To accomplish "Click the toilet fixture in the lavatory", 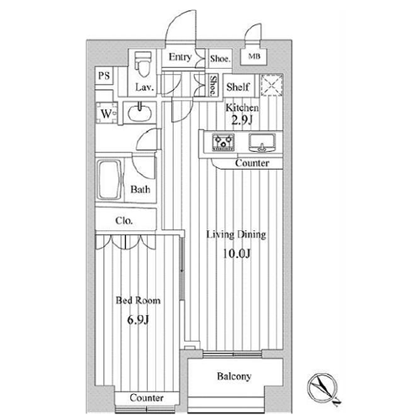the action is [144, 64].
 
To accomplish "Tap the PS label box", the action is [104, 76].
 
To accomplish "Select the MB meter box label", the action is [254, 56].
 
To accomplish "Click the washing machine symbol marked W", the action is [106, 113].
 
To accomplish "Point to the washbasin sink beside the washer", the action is [140, 112].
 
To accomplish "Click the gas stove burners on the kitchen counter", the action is [223, 142].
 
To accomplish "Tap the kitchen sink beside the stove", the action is [262, 143].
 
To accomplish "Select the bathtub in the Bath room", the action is [109, 180].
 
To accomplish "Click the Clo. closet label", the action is [123, 221].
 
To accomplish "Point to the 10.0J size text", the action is [237, 254].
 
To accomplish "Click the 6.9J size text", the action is [138, 319].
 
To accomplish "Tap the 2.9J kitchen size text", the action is [242, 120].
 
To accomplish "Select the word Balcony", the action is [234, 376].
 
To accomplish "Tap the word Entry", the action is [180, 57].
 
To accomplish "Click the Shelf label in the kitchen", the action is [238, 87].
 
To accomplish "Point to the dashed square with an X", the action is [271, 85].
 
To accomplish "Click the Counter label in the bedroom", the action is [146, 397].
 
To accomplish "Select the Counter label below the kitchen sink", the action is [252, 163].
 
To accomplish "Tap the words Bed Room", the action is [138, 301].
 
